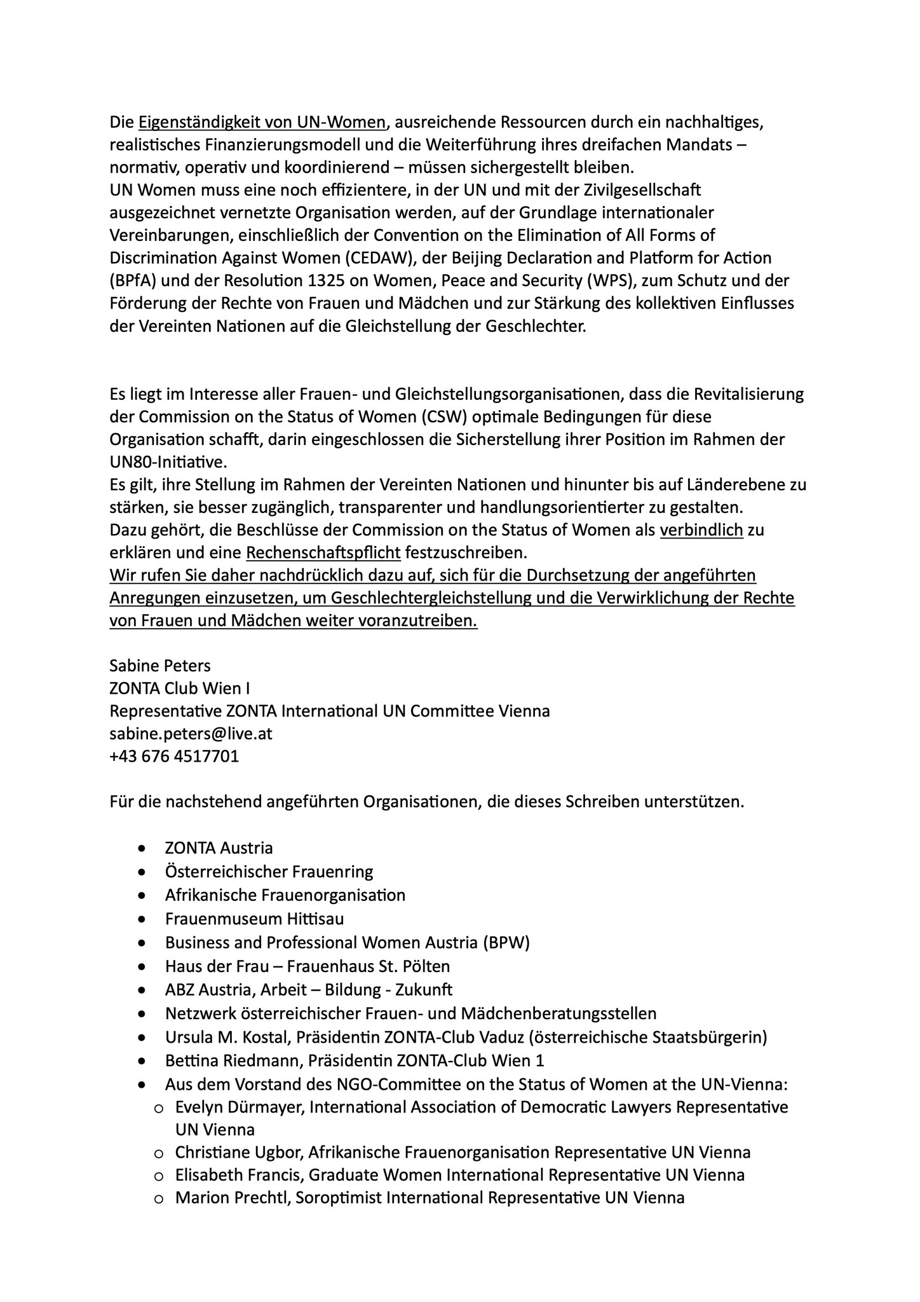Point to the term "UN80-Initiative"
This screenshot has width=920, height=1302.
(168, 462)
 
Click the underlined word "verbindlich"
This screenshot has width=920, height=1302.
(701, 530)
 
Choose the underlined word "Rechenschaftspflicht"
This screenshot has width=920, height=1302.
(323, 553)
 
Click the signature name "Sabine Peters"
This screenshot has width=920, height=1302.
(159, 666)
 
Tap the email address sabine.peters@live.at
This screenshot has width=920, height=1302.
(191, 734)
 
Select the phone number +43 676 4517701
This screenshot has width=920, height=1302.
(174, 757)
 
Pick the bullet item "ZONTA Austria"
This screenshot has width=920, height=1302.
(219, 848)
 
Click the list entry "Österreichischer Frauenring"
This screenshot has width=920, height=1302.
(269, 872)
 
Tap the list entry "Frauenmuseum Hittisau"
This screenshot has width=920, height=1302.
(254, 919)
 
